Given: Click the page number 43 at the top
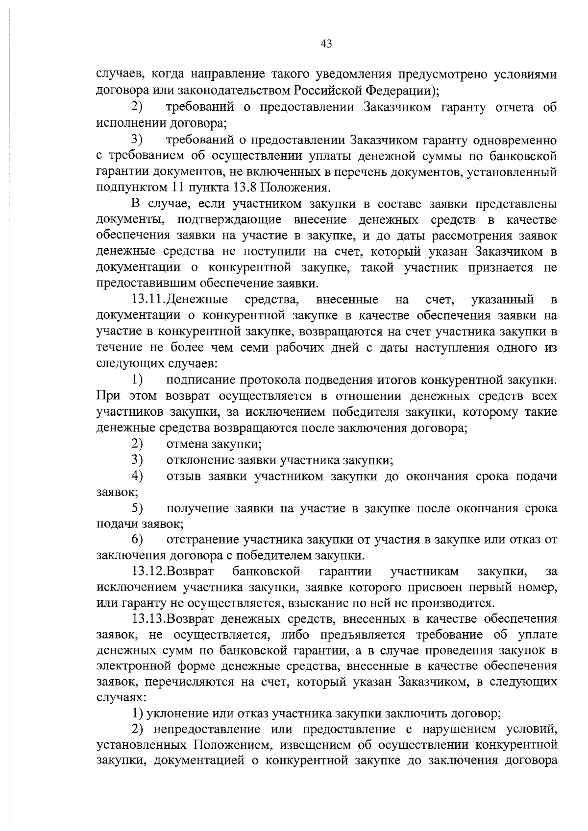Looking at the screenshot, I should click(x=326, y=44).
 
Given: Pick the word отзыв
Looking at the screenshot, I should click(x=184, y=476).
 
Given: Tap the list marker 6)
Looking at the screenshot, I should click(x=137, y=539).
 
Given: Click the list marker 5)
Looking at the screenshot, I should click(x=137, y=508).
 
